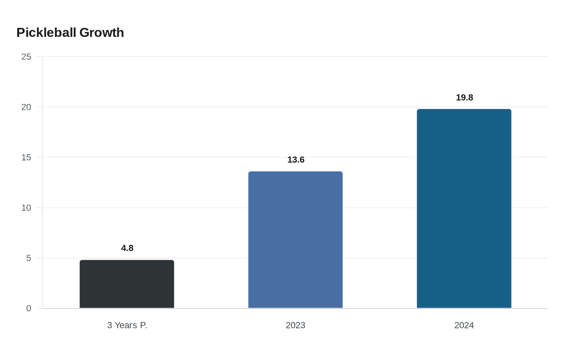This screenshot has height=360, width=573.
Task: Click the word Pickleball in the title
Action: click(x=46, y=33)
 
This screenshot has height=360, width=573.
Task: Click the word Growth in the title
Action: click(x=102, y=33)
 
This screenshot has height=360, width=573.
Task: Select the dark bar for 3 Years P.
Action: click(x=127, y=284)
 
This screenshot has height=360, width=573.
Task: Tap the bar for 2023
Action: click(x=296, y=240)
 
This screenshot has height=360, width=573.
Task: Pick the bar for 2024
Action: click(x=464, y=209)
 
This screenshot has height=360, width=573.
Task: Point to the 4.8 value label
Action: click(x=127, y=248)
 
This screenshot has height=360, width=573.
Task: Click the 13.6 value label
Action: click(x=296, y=160)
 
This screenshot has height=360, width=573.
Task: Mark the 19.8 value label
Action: click(x=464, y=97)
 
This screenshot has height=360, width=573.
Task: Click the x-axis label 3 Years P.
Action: click(x=127, y=325)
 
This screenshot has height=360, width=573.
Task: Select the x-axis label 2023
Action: click(x=296, y=325)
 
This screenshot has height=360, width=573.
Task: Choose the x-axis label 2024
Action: click(x=464, y=325)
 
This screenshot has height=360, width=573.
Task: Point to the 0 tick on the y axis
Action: click(x=29, y=308)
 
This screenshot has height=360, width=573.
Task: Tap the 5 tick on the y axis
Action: click(x=29, y=258)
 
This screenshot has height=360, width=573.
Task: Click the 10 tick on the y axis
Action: click(x=26, y=208)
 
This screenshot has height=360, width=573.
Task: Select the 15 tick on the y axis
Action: click(x=26, y=157)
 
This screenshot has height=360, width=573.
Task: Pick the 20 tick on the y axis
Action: click(x=26, y=107)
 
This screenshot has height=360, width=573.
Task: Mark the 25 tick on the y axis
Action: click(x=26, y=57)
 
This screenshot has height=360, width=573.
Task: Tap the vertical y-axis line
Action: click(x=43, y=184)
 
